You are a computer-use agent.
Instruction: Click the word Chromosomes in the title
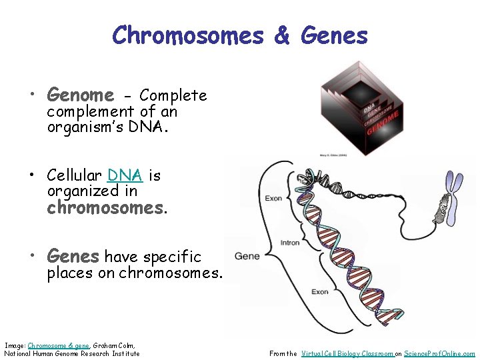pyautogui.click(x=188, y=35)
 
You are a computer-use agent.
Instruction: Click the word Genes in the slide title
pyautogui.click(x=334, y=35)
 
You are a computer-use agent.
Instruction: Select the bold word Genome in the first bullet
pyautogui.click(x=80, y=95)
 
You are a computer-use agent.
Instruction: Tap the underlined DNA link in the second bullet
pyautogui.click(x=125, y=175)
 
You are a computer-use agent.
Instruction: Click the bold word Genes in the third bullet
pyautogui.click(x=73, y=256)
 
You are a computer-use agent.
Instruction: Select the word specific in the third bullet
pyautogui.click(x=172, y=257)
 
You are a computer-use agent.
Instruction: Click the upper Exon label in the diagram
pyautogui.click(x=274, y=198)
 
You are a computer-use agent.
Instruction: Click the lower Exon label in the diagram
pyautogui.click(x=320, y=292)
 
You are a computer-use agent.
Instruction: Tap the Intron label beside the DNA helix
pyautogui.click(x=290, y=243)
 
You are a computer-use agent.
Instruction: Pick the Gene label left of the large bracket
pyautogui.click(x=247, y=256)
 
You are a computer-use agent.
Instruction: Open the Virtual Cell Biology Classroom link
pyautogui.click(x=347, y=354)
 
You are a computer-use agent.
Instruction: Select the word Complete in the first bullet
pyautogui.click(x=173, y=95)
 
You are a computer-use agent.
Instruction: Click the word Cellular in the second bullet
pyautogui.click(x=74, y=175)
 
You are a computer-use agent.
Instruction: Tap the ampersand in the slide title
pyautogui.click(x=282, y=35)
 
